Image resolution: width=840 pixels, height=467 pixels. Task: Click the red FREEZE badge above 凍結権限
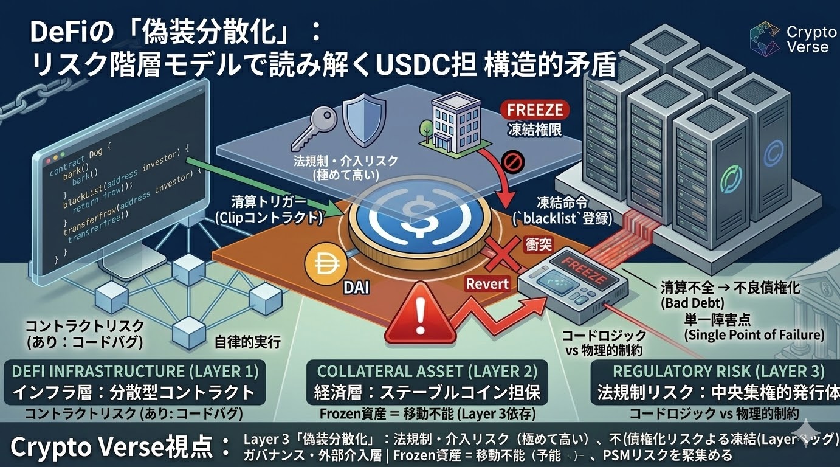[535, 111]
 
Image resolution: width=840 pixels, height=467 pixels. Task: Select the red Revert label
[487, 283]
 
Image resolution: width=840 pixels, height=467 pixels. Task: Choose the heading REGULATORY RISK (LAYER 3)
[718, 371]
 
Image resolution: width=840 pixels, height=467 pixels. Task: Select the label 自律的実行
[248, 342]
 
